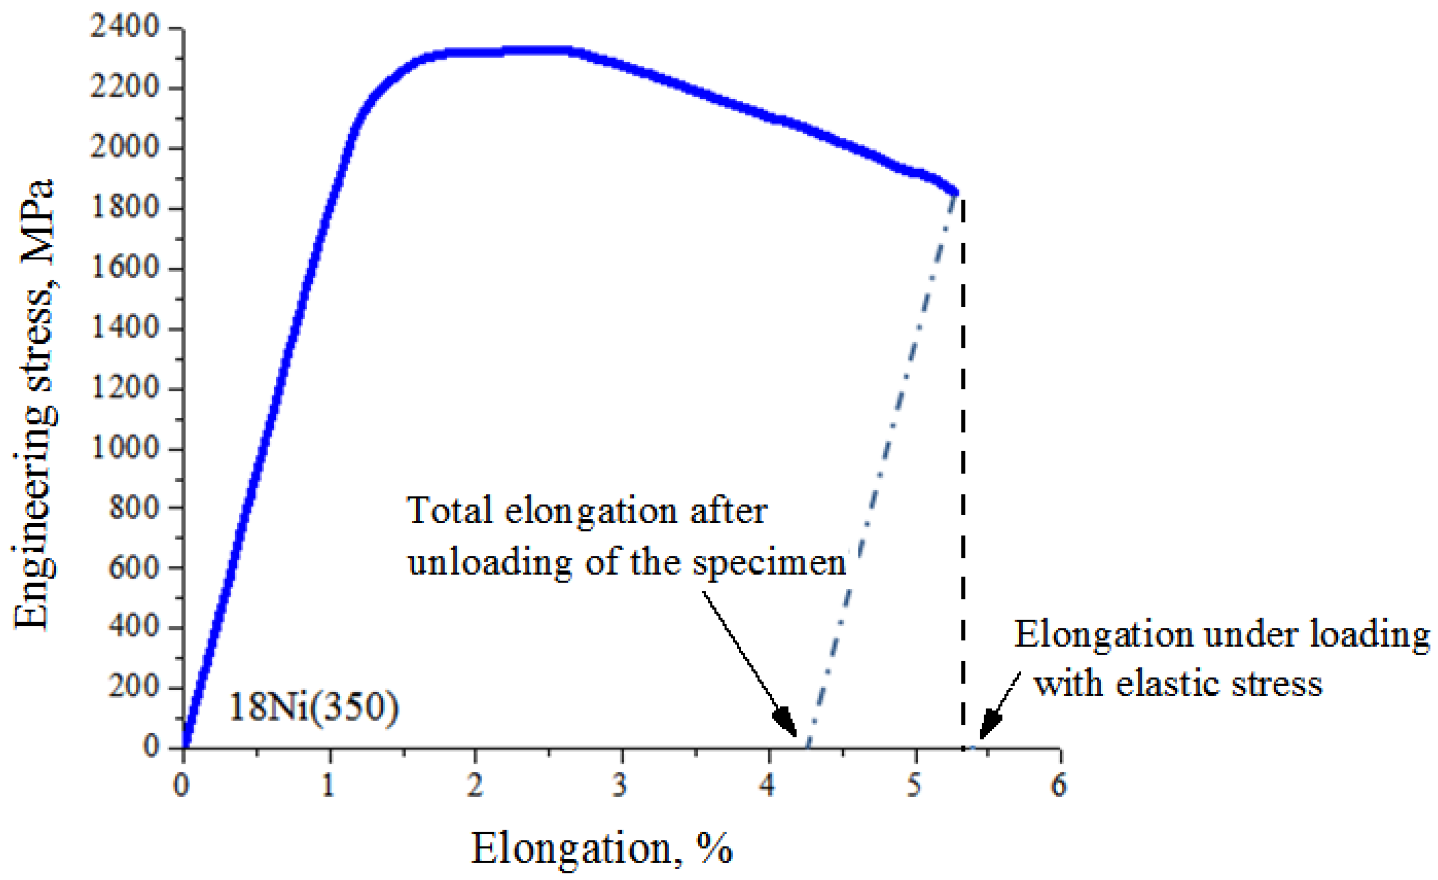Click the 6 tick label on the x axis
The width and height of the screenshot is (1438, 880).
pos(1059,786)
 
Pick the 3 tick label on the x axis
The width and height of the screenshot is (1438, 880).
pos(620,786)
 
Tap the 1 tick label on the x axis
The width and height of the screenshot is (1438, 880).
pos(328,786)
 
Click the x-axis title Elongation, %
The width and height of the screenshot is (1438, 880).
pos(601,848)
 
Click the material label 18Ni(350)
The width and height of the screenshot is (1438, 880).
pos(314,707)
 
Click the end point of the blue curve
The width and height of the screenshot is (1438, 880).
pos(956,192)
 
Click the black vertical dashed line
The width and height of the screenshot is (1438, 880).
pos(963,467)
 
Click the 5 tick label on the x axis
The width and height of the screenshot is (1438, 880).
pos(914,786)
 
